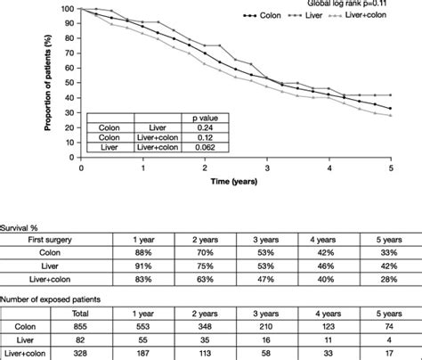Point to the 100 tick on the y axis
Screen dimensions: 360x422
pos(69,9)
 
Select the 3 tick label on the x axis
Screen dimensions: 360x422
pos(268,168)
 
